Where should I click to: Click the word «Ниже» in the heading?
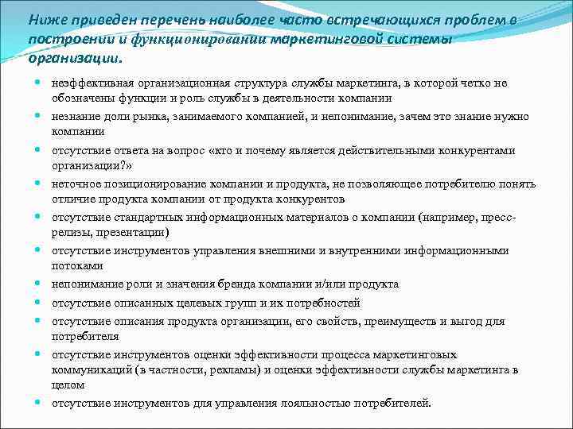click(x=45, y=19)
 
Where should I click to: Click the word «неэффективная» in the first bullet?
click(x=91, y=83)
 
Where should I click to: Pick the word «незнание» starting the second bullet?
click(x=75, y=116)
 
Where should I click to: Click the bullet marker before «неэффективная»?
click(x=39, y=83)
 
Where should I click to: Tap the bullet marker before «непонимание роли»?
click(x=39, y=284)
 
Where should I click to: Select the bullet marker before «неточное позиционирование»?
click(x=39, y=184)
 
